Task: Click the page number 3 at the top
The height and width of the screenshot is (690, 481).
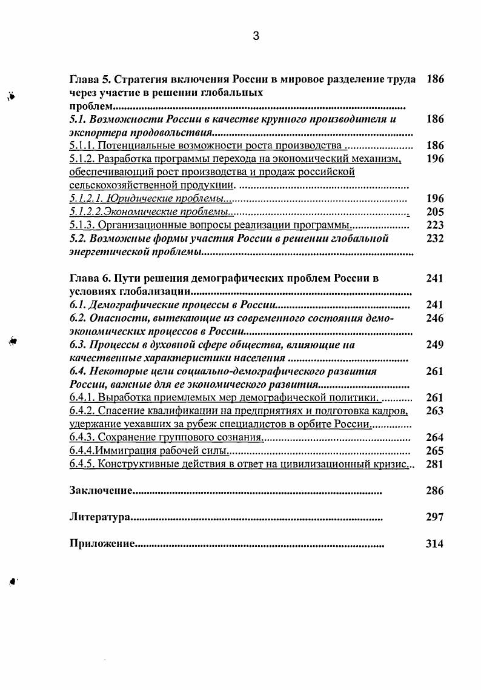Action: tap(256, 36)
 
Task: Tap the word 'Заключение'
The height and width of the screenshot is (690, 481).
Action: tap(101, 491)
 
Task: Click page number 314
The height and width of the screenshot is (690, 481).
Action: tap(434, 544)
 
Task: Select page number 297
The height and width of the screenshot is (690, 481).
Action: tap(434, 517)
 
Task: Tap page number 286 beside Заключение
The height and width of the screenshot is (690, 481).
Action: tap(434, 491)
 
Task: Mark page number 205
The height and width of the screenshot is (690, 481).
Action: tap(434, 212)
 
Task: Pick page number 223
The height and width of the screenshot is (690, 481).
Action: tap(434, 225)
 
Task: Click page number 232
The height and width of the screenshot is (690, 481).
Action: tap(434, 239)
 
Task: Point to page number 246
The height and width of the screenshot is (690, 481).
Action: tap(434, 319)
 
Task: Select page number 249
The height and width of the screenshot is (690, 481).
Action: tap(434, 345)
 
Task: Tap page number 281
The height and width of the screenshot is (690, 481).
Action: tap(434, 464)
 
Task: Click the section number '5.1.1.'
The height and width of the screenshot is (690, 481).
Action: tap(82, 146)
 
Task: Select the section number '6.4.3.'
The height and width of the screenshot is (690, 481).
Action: tap(82, 437)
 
